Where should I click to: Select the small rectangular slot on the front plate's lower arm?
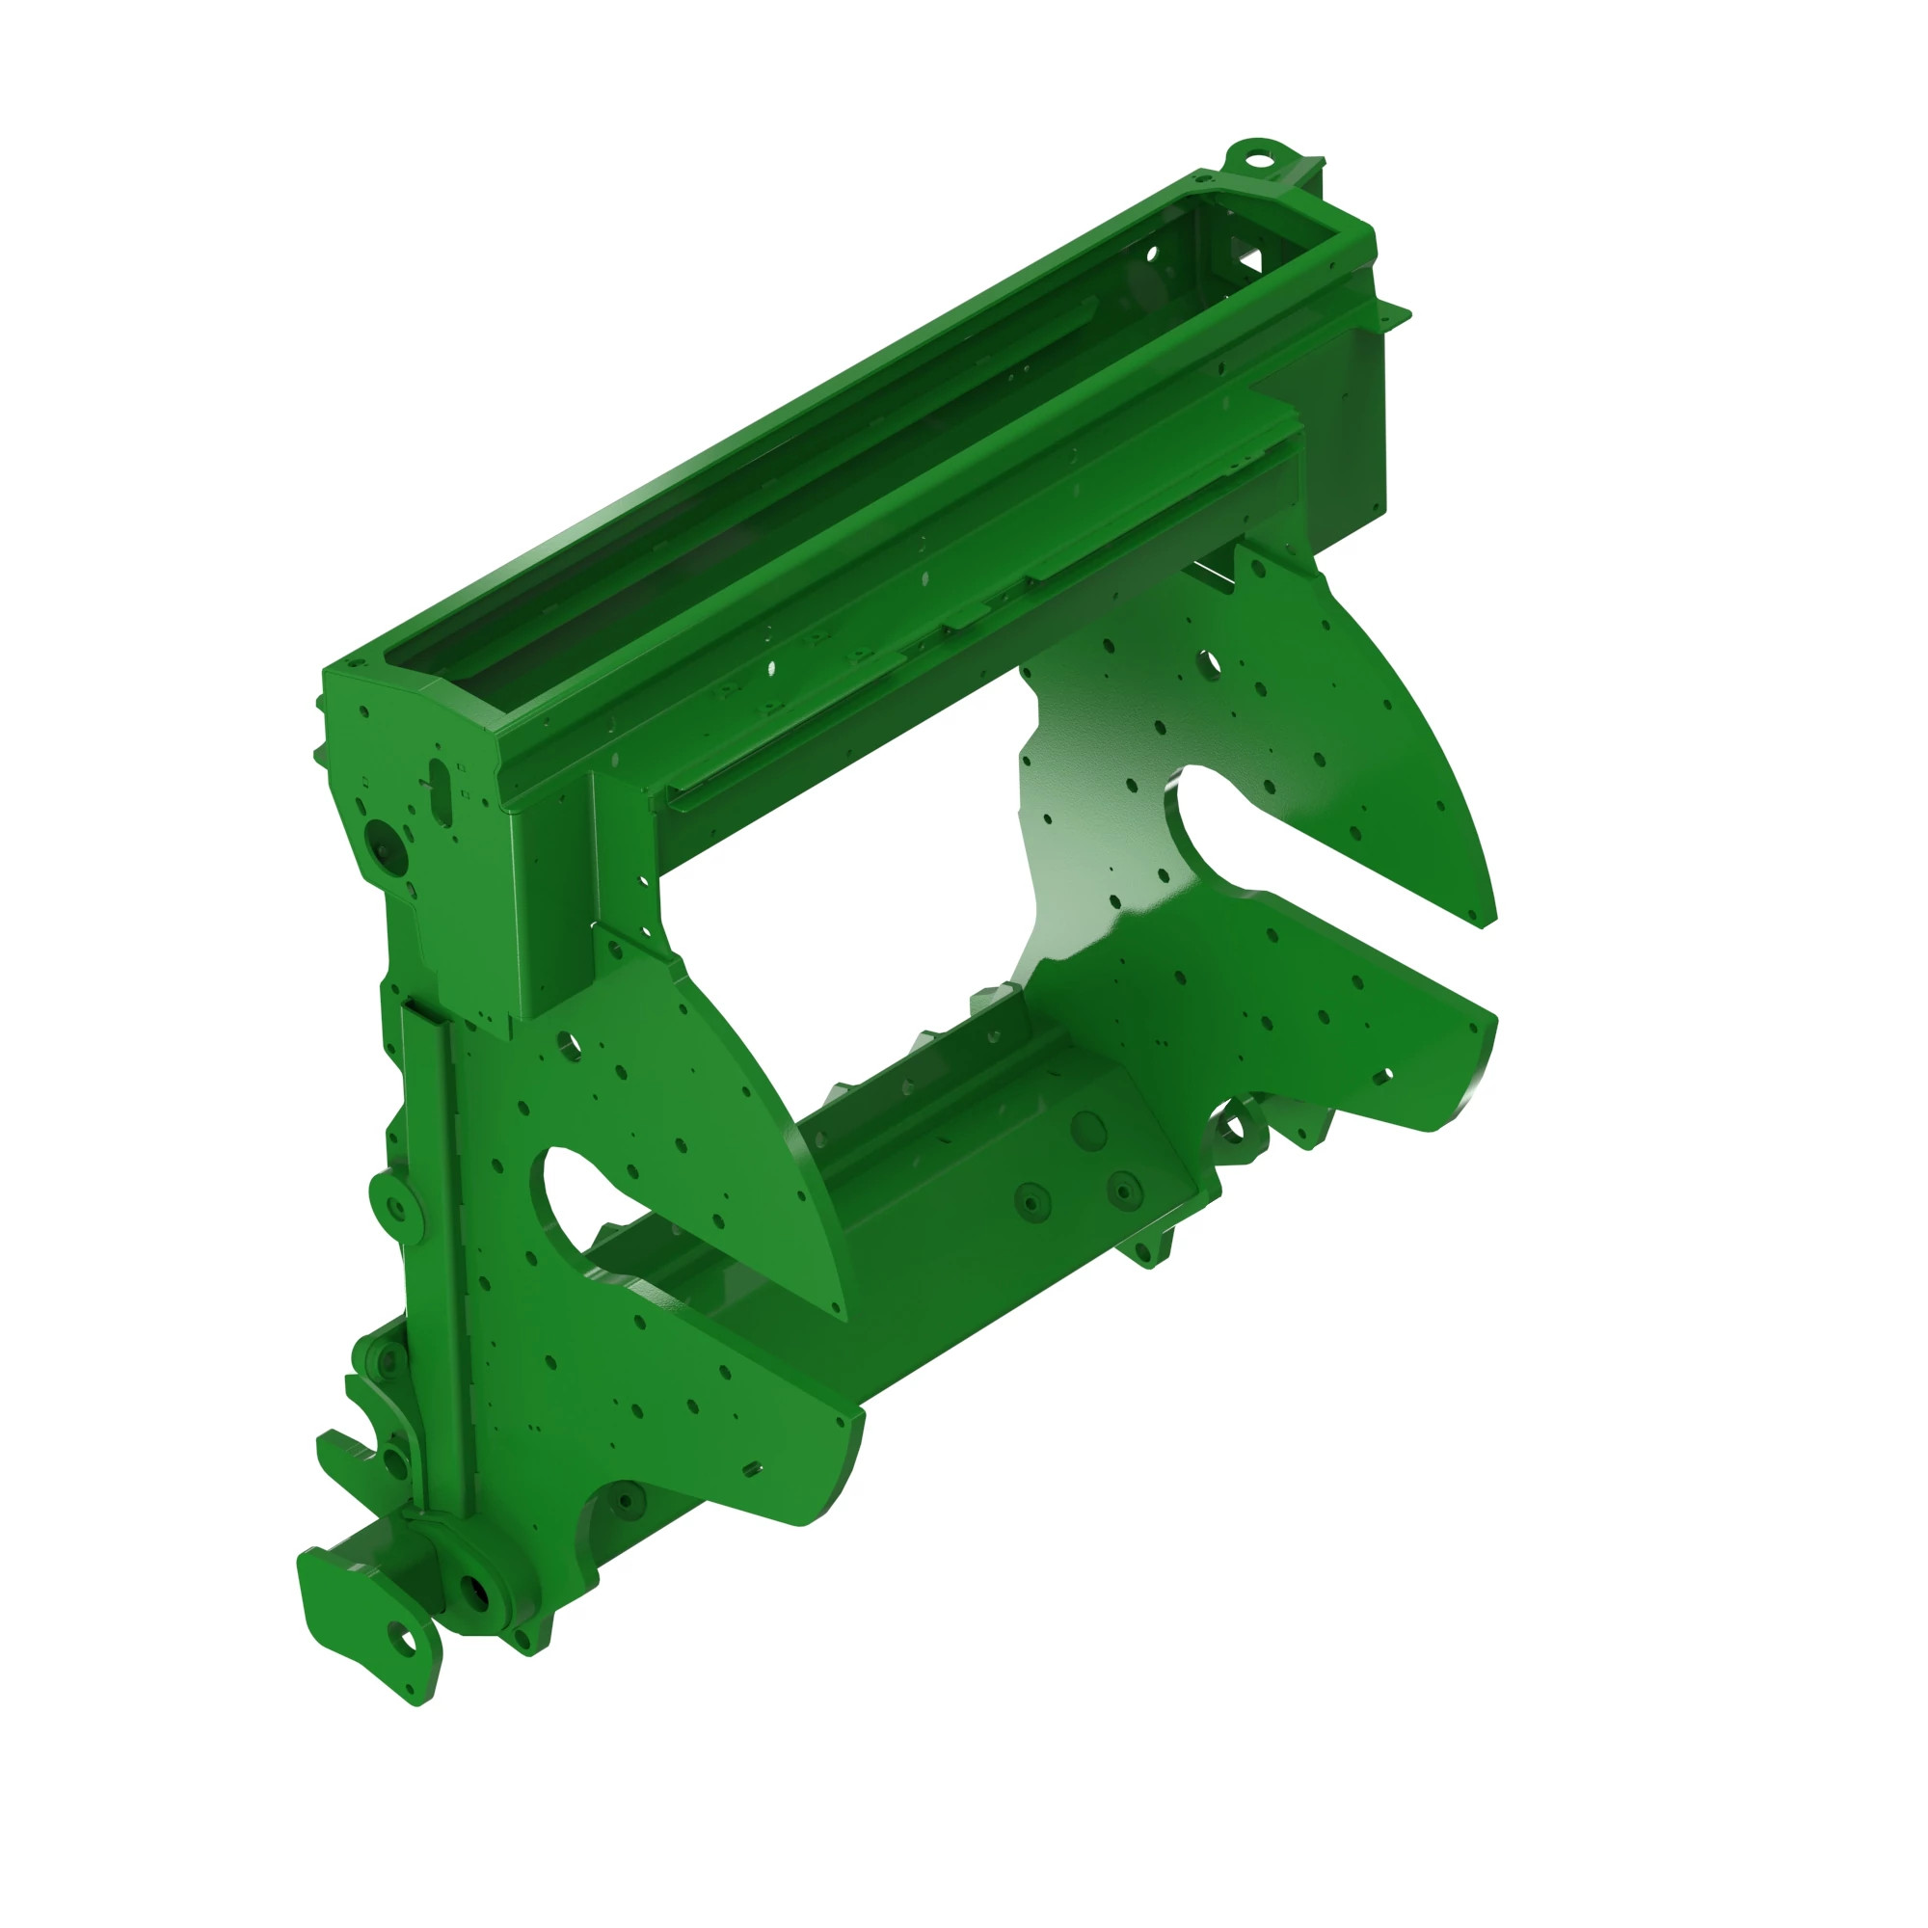click(752, 1469)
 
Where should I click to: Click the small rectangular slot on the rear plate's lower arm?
click(1382, 1076)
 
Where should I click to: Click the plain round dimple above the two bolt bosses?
click(1086, 1130)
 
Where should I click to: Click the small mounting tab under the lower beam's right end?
click(1147, 1250)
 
